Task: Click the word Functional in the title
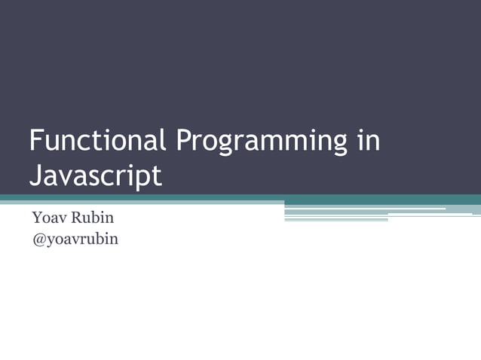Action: click(97, 141)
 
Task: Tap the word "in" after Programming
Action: click(368, 141)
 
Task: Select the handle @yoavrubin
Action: click(75, 240)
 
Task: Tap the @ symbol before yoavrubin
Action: click(38, 239)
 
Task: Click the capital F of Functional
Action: click(35, 141)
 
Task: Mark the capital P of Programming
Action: click(183, 141)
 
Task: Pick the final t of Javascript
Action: click(157, 176)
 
